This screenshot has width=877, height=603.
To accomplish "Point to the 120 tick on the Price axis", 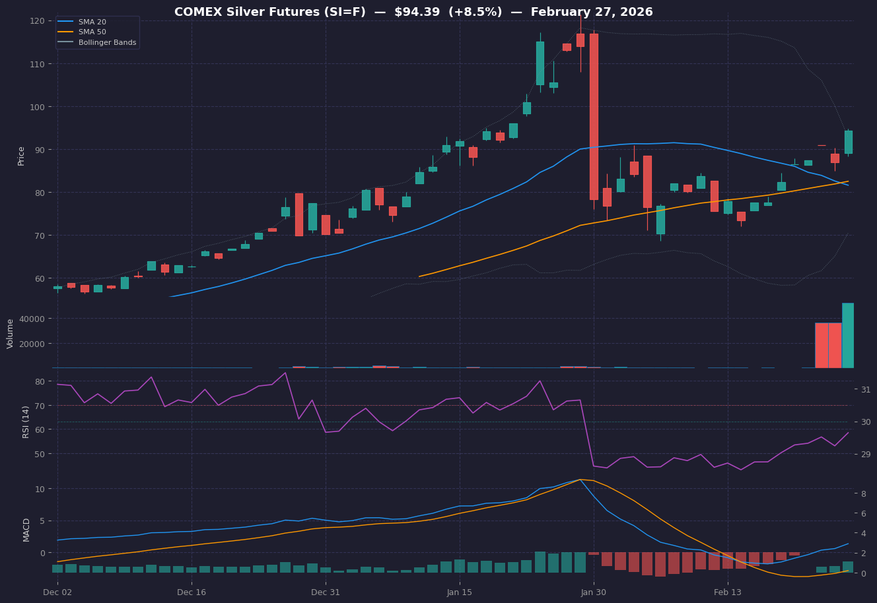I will (x=37, y=21).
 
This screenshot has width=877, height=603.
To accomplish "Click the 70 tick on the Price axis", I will (x=39, y=236).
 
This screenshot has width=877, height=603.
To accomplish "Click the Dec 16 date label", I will (x=192, y=592).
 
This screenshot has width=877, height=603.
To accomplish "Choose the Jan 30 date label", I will (x=594, y=592).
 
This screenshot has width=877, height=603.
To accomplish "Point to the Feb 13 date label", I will (x=728, y=592).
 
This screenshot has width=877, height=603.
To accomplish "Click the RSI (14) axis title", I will (x=26, y=422).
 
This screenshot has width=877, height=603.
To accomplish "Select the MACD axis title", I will (x=26, y=529).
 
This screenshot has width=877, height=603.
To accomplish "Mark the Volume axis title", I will (x=11, y=333).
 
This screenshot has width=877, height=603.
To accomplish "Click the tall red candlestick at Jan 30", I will (x=594, y=117).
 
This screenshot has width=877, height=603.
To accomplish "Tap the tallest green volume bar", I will (x=848, y=335).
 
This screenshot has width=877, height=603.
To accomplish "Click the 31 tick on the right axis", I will (x=866, y=390).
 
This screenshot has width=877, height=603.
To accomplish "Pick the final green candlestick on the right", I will (x=848, y=142).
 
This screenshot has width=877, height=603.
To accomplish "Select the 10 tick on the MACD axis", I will (x=39, y=489).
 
